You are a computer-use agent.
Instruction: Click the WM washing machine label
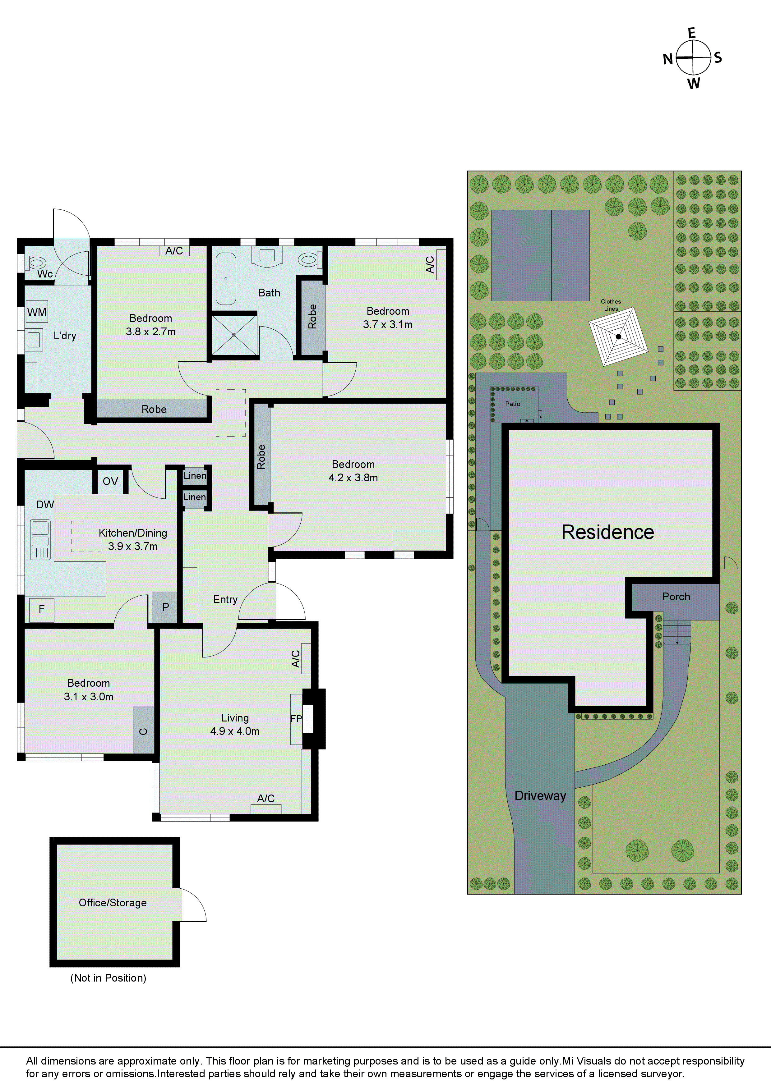pyautogui.click(x=37, y=312)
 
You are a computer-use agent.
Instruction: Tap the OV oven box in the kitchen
pyautogui.click(x=110, y=481)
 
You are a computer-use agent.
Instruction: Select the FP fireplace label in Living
pyautogui.click(x=296, y=719)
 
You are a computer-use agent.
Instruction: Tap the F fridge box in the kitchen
pyautogui.click(x=41, y=609)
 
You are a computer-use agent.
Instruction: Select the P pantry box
pyautogui.click(x=165, y=607)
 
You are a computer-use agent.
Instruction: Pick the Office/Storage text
pyautogui.click(x=113, y=902)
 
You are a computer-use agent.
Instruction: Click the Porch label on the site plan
pyautogui.click(x=676, y=597)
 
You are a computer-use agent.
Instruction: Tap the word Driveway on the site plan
pyautogui.click(x=540, y=796)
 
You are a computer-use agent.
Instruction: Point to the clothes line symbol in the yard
pyautogui.click(x=618, y=337)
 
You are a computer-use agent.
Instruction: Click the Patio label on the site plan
pyautogui.click(x=513, y=404)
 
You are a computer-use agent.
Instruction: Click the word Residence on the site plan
pyautogui.click(x=607, y=532)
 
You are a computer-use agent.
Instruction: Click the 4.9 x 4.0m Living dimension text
pyautogui.click(x=235, y=731)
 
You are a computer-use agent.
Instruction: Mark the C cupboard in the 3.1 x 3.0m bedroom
pyautogui.click(x=143, y=731)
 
